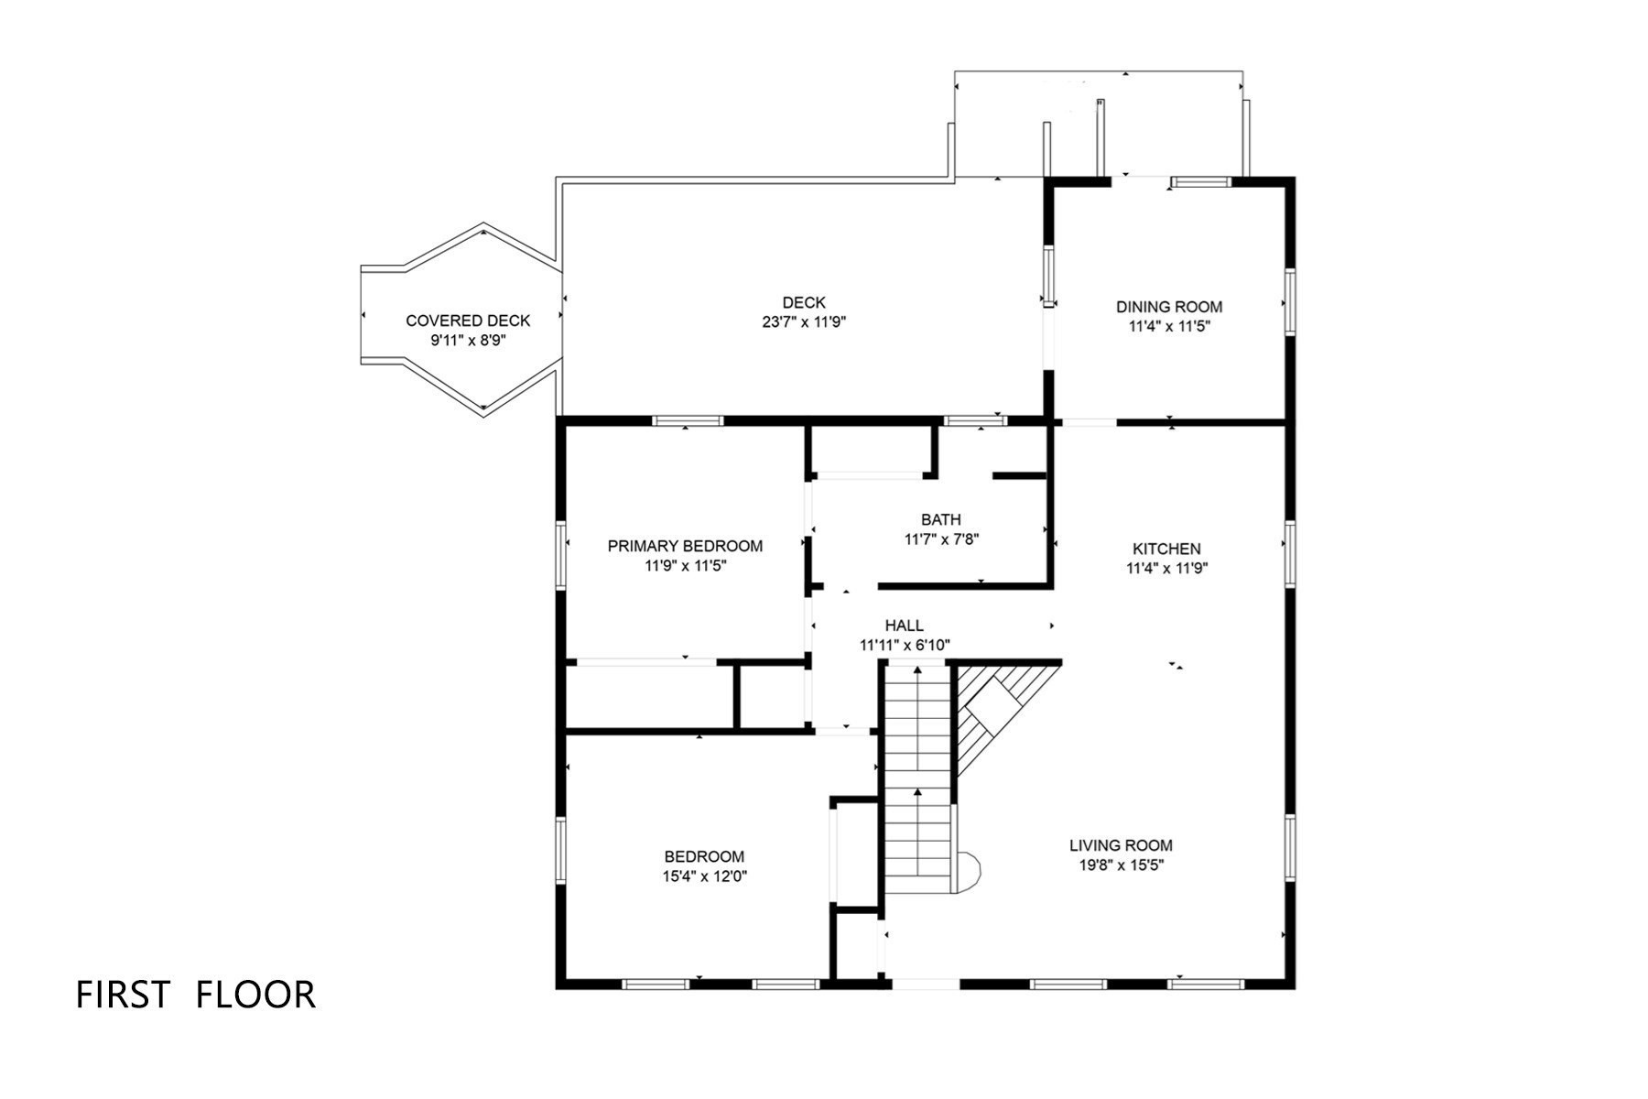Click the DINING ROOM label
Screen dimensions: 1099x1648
[x=1168, y=307]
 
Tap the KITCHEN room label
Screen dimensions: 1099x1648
[x=1166, y=549]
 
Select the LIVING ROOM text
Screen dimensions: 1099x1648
[x=1121, y=845]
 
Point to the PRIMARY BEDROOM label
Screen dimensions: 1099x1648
[x=685, y=546]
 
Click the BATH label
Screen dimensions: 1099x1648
[x=941, y=520]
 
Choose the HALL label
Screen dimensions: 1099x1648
[x=904, y=626]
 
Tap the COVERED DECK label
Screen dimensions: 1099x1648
[x=468, y=321]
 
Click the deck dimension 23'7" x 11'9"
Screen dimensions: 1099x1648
[x=804, y=322]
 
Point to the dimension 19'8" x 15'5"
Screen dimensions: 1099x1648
[x=1121, y=865]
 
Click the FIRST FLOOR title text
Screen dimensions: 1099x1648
[x=195, y=995]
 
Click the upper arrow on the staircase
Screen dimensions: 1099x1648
[x=917, y=675]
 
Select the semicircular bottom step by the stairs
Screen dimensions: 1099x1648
[x=968, y=872]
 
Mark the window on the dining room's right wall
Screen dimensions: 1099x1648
[x=1289, y=301]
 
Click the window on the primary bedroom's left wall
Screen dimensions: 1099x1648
[x=561, y=553]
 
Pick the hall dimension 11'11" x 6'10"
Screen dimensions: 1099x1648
[x=904, y=645]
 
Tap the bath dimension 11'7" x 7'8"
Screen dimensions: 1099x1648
[x=941, y=539]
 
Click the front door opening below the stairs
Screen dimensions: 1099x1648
[x=926, y=985]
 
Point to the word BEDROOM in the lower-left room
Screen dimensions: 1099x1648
[x=704, y=857]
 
